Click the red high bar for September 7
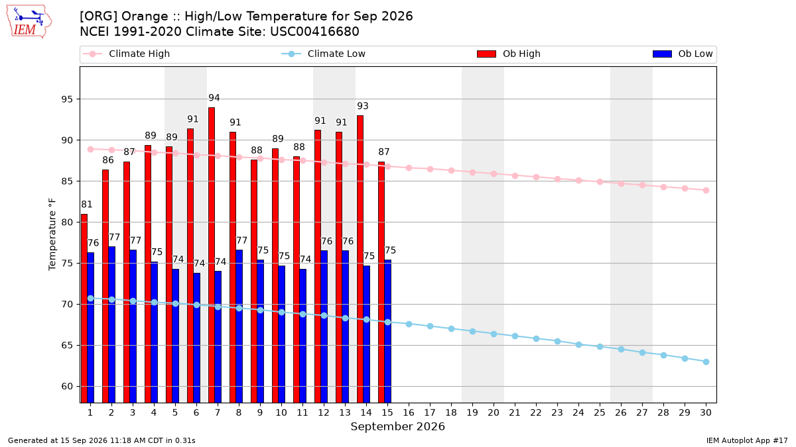pyautogui.click(x=212, y=255)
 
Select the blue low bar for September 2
pyautogui.click(x=112, y=324)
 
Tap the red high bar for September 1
pyautogui.click(x=84, y=309)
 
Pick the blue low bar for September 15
pyautogui.click(x=388, y=331)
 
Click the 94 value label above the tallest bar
pyautogui.click(x=214, y=98)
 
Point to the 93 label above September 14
pyautogui.click(x=362, y=106)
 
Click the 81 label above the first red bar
pyautogui.click(x=87, y=205)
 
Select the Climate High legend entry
pyautogui.click(x=127, y=54)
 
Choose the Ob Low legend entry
pyautogui.click(x=683, y=54)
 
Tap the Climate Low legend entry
pyautogui.click(x=324, y=54)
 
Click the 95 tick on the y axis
pyautogui.click(x=67, y=99)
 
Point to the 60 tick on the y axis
pyautogui.click(x=67, y=386)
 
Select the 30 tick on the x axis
pyautogui.click(x=706, y=413)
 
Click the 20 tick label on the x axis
pyautogui.click(x=494, y=413)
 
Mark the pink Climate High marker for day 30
pyautogui.click(x=706, y=191)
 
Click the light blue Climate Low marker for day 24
pyautogui.click(x=578, y=344)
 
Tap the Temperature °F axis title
pyautogui.click(x=52, y=234)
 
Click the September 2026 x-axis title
pyautogui.click(x=397, y=426)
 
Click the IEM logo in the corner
pyautogui.click(x=29, y=22)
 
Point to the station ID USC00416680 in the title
pyautogui.click(x=314, y=32)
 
